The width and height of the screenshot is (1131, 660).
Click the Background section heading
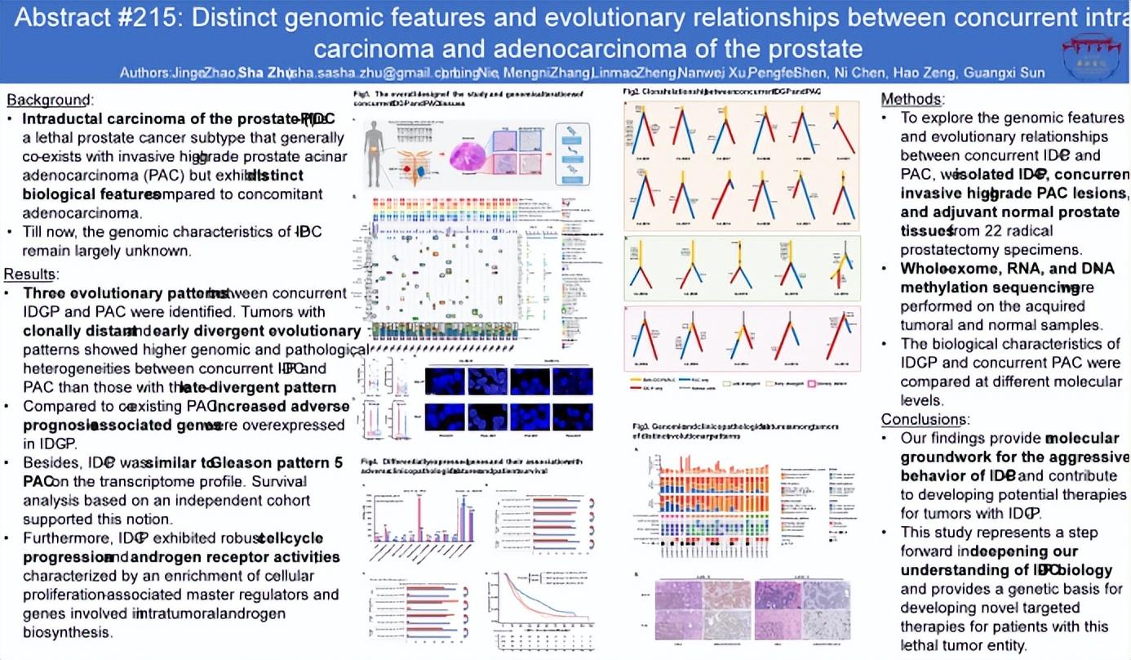pyautogui.click(x=50, y=100)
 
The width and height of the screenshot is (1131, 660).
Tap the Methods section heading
pyautogui.click(x=912, y=100)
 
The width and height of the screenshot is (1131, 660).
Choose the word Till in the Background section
pyautogui.click(x=36, y=232)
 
